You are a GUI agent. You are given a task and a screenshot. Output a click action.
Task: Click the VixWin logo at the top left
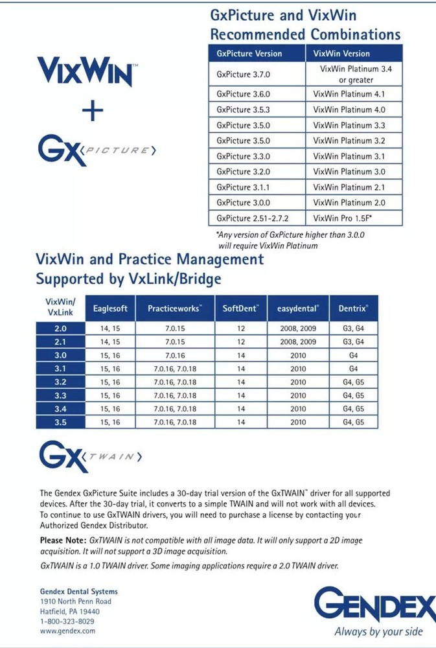pos(86,71)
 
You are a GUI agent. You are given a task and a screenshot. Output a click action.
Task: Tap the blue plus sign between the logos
pos(93,112)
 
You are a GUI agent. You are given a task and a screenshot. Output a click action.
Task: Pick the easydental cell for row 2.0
pos(298,329)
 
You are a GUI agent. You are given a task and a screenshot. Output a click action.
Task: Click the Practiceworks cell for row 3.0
pos(175,355)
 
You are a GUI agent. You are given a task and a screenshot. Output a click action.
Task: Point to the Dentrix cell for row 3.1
pos(353,369)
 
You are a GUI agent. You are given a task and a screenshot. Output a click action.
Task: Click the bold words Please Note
pos(62,540)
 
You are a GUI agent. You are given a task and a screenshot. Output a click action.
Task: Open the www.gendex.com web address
pos(67,631)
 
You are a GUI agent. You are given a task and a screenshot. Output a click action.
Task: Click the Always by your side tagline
pos(378,631)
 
